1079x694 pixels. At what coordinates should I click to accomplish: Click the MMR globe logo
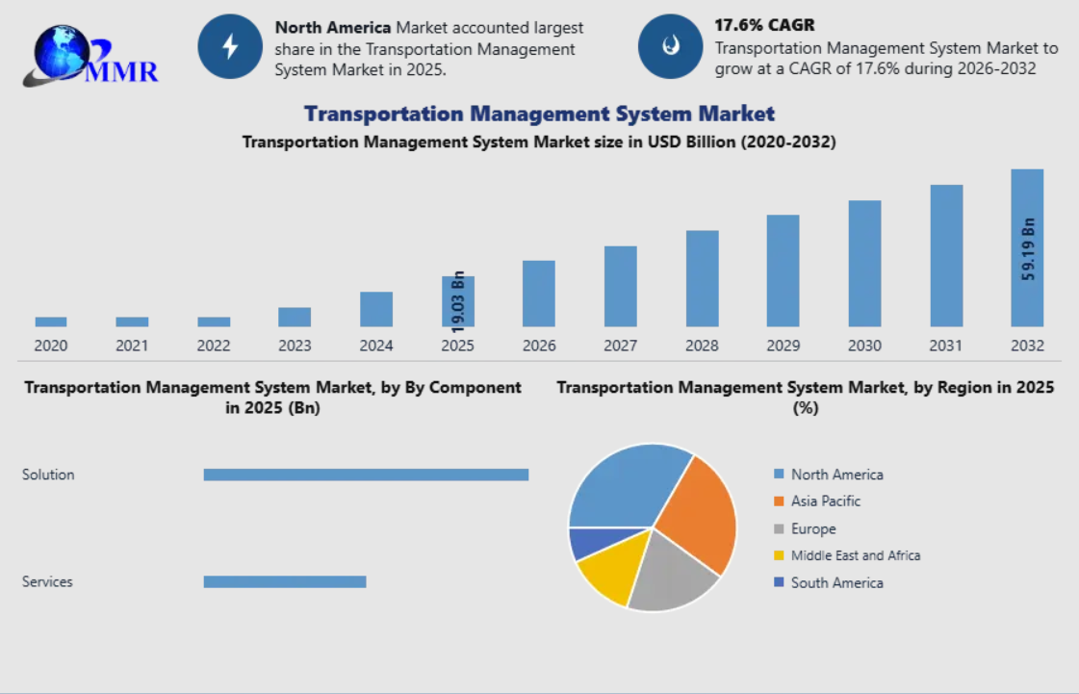click(90, 56)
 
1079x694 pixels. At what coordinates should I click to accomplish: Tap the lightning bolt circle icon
click(230, 47)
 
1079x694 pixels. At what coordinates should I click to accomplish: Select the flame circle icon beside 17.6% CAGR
click(670, 47)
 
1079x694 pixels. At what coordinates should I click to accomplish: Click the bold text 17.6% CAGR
click(764, 25)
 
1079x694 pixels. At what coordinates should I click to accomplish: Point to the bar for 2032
click(1027, 248)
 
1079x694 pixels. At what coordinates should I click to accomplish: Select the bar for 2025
click(457, 301)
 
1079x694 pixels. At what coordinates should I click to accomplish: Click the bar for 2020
click(51, 321)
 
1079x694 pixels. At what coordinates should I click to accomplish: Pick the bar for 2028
click(702, 278)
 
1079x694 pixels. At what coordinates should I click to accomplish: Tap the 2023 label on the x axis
click(295, 346)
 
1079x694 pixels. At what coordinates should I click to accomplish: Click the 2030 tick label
click(864, 346)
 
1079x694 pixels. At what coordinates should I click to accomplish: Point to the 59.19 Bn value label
click(1028, 249)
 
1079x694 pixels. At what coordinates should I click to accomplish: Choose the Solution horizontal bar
click(366, 475)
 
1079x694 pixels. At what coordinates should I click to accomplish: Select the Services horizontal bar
click(285, 581)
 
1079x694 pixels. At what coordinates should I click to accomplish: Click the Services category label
click(47, 581)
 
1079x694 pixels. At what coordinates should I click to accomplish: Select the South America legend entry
click(829, 582)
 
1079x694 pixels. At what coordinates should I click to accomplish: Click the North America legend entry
click(829, 475)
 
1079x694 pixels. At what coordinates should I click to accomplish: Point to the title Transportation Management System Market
click(539, 114)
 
